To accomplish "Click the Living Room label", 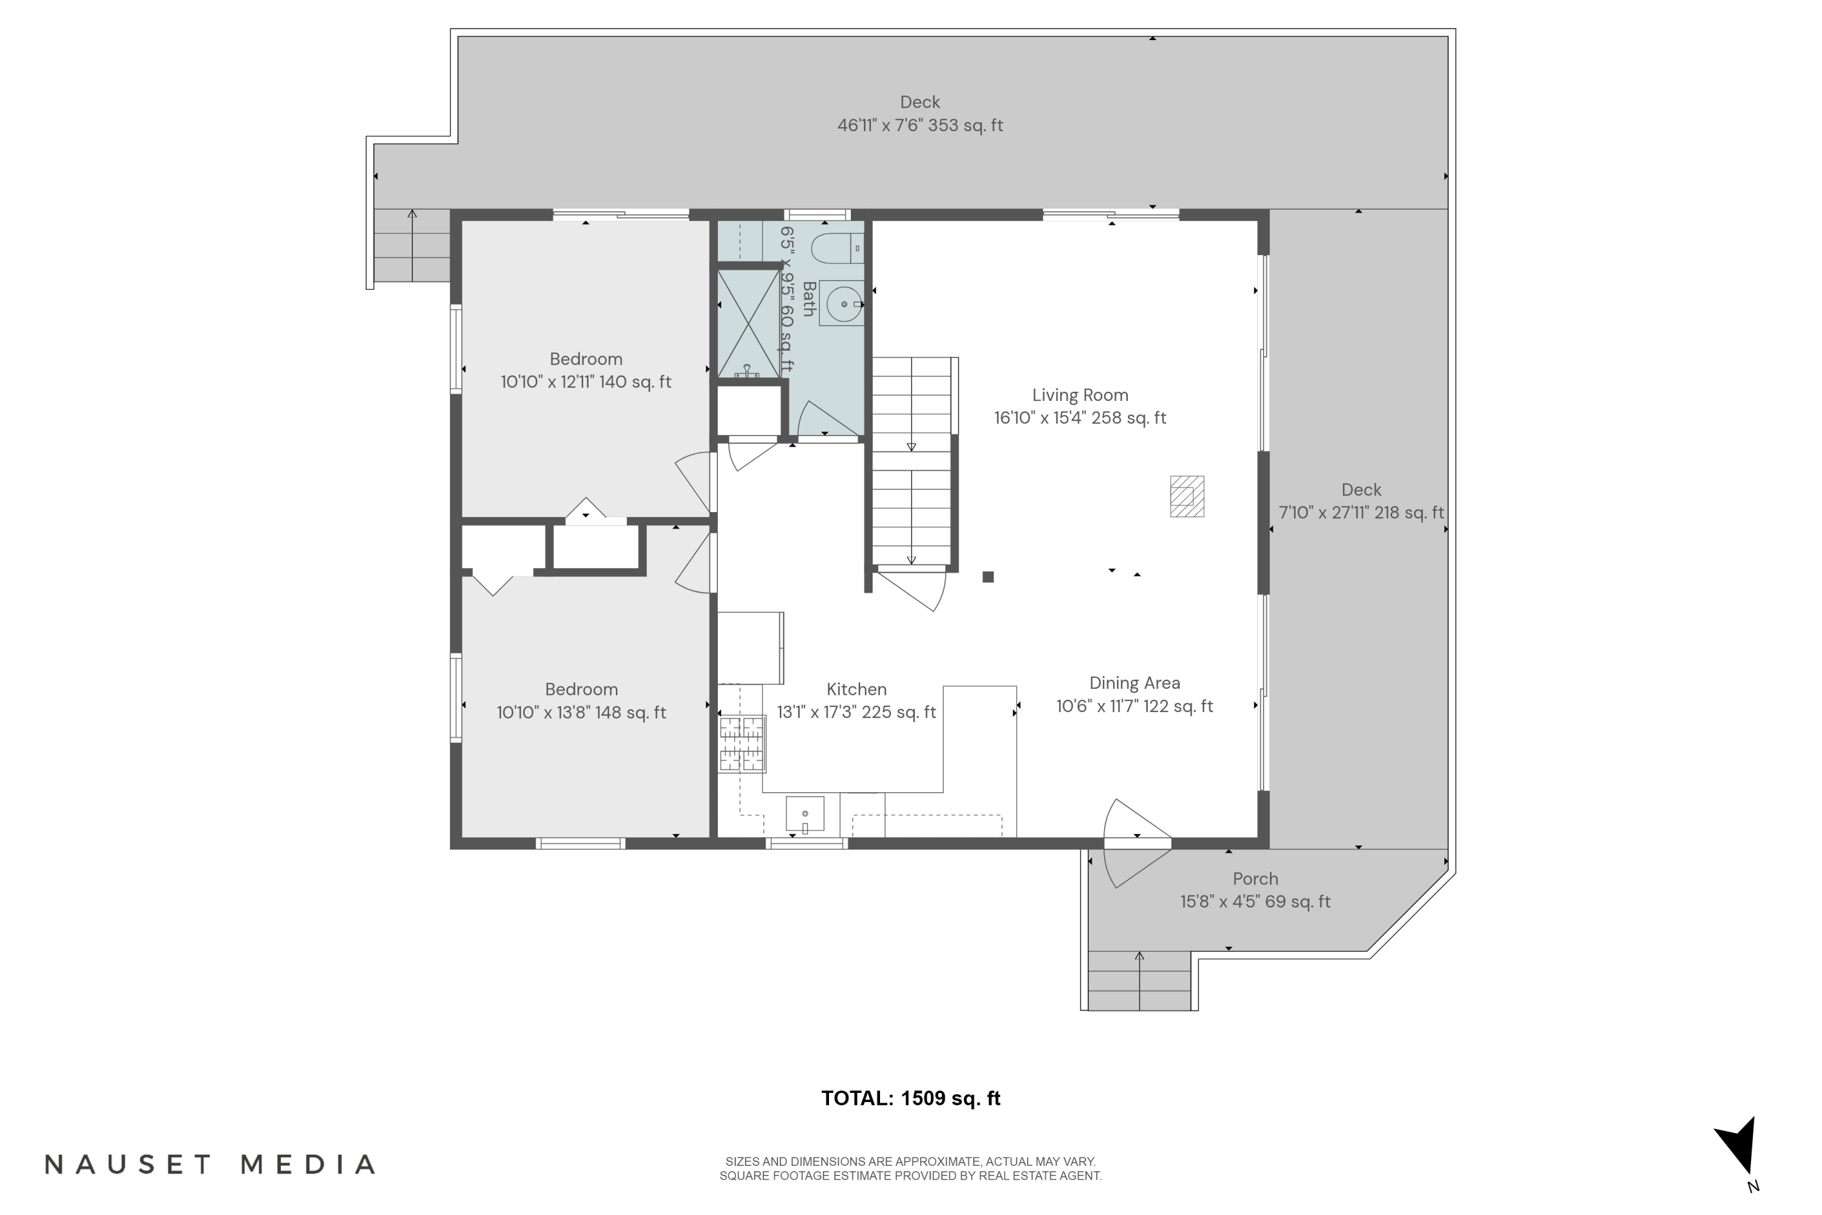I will point(1080,395).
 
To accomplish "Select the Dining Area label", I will point(1135,683).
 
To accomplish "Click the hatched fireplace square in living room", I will point(1187,496).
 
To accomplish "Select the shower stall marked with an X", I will point(748,323).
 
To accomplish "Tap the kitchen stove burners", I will point(742,744).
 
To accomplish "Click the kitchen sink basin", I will point(805,813).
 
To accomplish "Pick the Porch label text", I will point(1255,878).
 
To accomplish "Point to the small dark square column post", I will point(988,577).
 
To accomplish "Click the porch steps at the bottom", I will point(1139,981).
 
